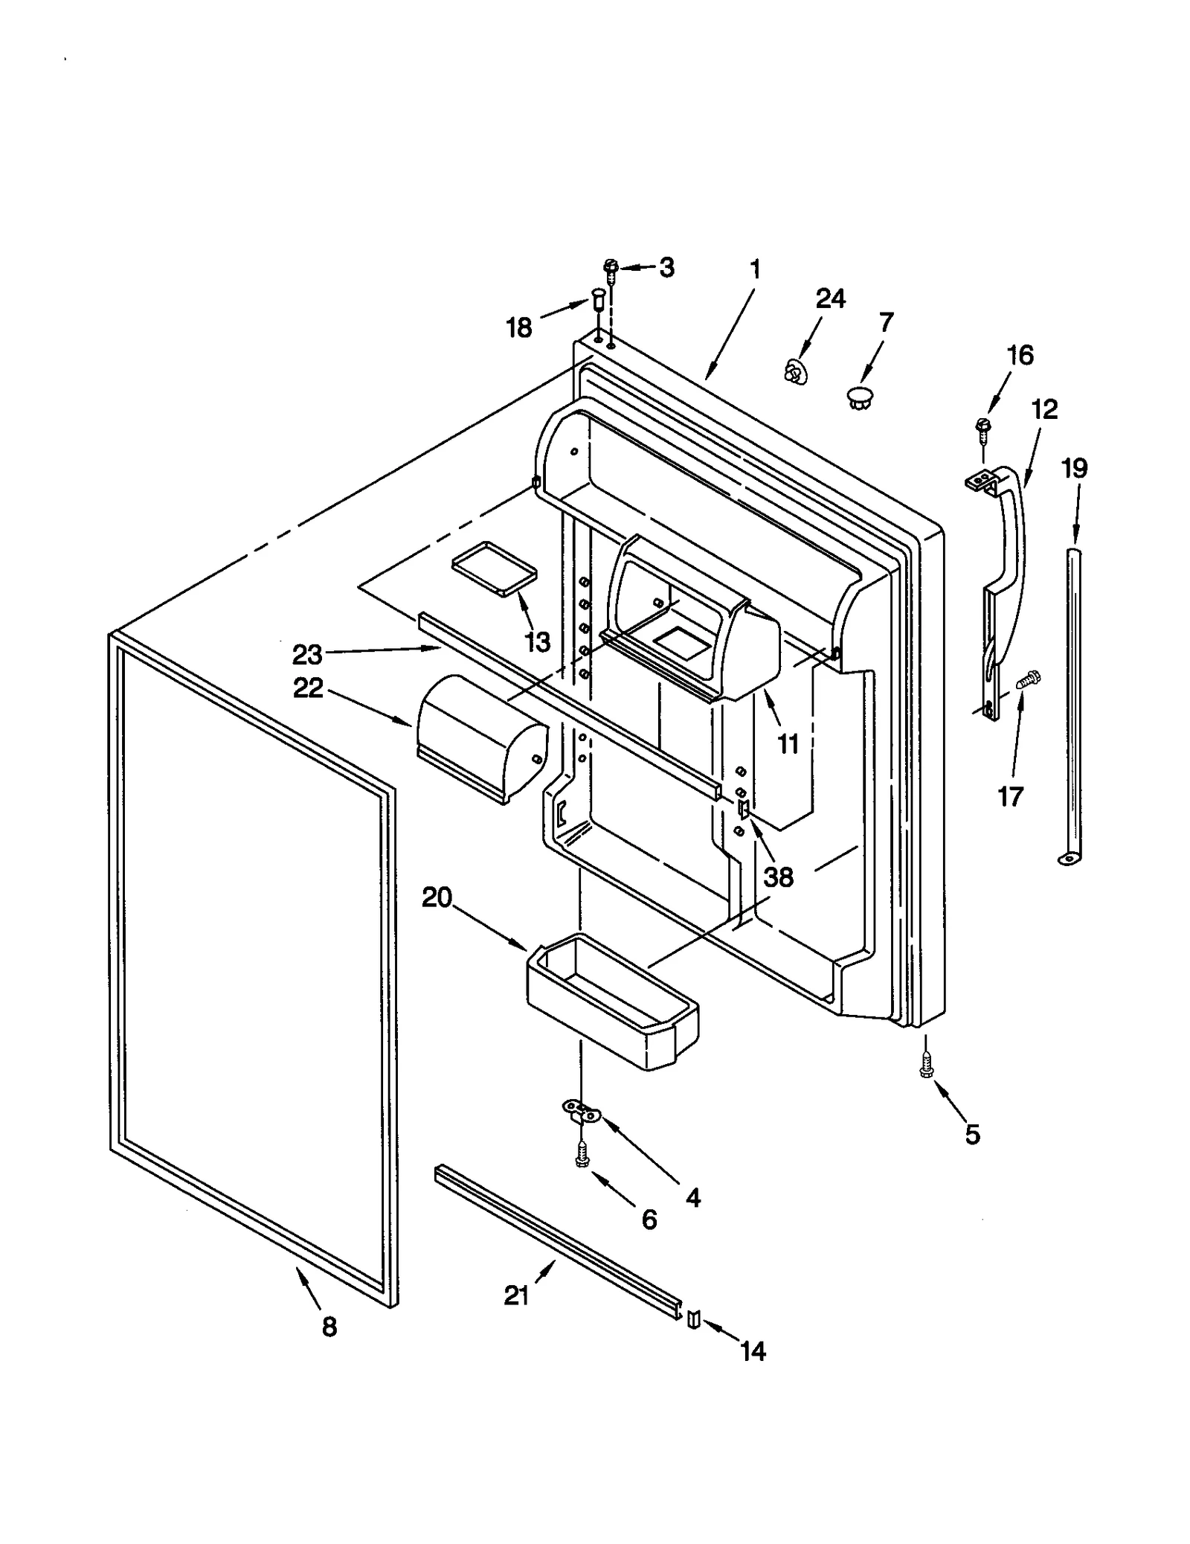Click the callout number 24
pos(830,298)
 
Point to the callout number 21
pos(517,1295)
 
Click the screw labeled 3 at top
pos(611,269)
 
